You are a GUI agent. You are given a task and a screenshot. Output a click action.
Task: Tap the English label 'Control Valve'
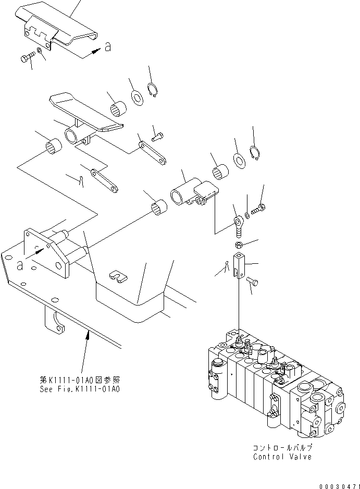(x=282, y=457)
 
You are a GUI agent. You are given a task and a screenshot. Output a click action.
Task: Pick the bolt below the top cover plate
(x=28, y=57)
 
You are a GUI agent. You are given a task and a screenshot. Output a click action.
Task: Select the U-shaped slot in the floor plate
(x=119, y=276)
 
